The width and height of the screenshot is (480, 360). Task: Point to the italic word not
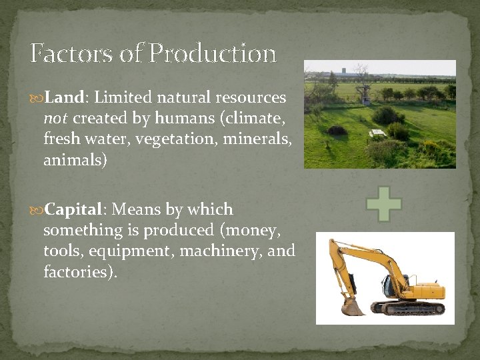(x=55, y=119)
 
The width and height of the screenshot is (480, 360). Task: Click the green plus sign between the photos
(x=384, y=205)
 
